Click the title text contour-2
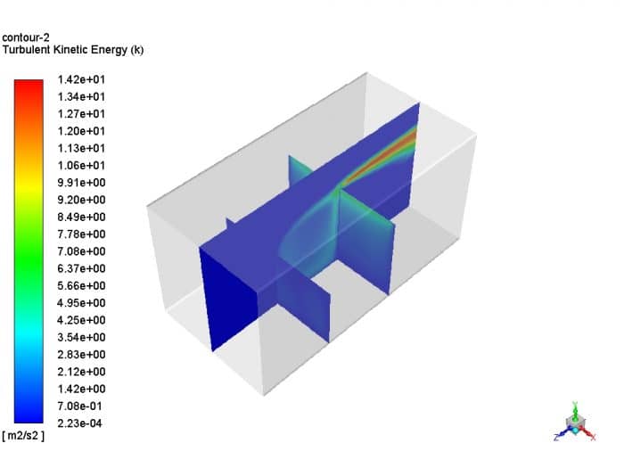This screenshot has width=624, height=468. click(x=26, y=37)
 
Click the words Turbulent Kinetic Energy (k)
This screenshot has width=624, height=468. click(x=73, y=50)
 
